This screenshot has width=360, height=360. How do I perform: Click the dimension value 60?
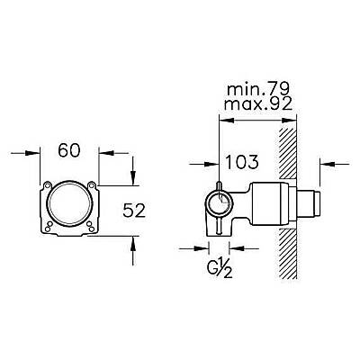click(69, 150)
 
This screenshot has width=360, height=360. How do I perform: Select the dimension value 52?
click(134, 210)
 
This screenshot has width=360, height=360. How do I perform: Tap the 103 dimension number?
click(241, 162)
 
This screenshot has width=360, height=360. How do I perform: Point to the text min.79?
click(258, 89)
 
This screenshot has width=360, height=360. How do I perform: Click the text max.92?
click(258, 104)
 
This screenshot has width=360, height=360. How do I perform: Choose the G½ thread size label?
click(220, 269)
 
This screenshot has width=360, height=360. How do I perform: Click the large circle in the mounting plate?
click(69, 202)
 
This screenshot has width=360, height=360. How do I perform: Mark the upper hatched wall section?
click(288, 154)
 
